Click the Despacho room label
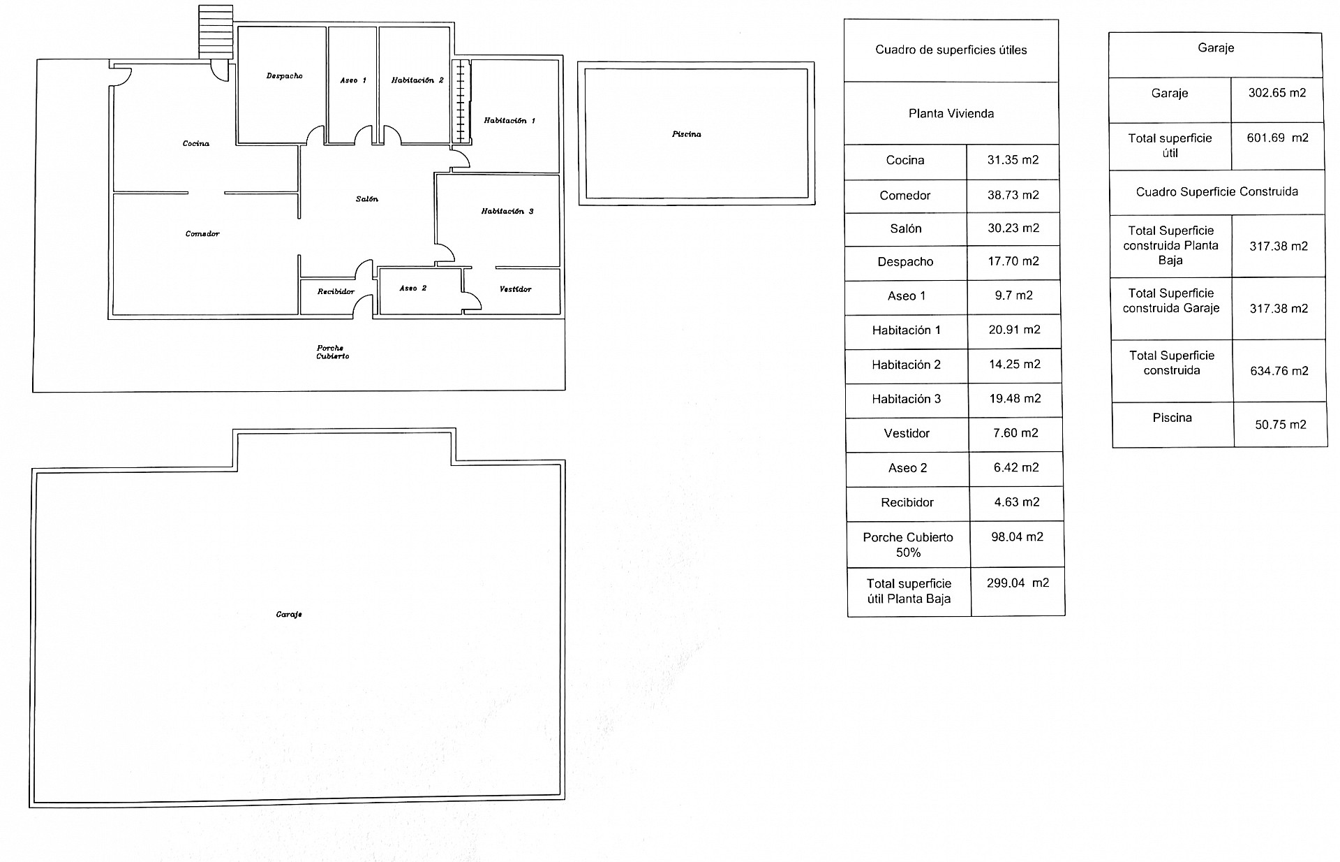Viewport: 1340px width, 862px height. click(285, 75)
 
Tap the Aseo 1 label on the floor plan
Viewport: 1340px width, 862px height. click(353, 80)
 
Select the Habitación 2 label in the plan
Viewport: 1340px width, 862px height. click(417, 80)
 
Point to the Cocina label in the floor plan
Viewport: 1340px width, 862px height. click(196, 143)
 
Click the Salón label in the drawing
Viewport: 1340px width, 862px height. click(367, 199)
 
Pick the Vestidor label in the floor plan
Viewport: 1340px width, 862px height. click(516, 289)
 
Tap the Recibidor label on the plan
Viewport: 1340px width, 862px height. click(336, 291)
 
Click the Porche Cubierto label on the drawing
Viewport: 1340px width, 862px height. click(333, 352)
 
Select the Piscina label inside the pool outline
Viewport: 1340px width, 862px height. click(687, 134)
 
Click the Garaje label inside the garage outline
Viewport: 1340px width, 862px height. click(289, 615)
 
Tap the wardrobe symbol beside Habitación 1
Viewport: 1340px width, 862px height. click(461, 102)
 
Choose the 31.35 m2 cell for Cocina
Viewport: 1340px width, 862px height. click(1013, 160)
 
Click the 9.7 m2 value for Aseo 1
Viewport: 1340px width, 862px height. click(1013, 295)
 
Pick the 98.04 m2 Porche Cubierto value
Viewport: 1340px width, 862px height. click(1017, 536)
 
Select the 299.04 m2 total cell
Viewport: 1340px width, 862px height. click(1018, 583)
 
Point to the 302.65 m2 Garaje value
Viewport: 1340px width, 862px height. click(1277, 92)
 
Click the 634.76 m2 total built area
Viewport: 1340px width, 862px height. click(1279, 371)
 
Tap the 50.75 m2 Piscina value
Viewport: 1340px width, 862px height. click(1281, 424)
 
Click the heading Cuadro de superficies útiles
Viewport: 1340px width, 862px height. click(951, 50)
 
